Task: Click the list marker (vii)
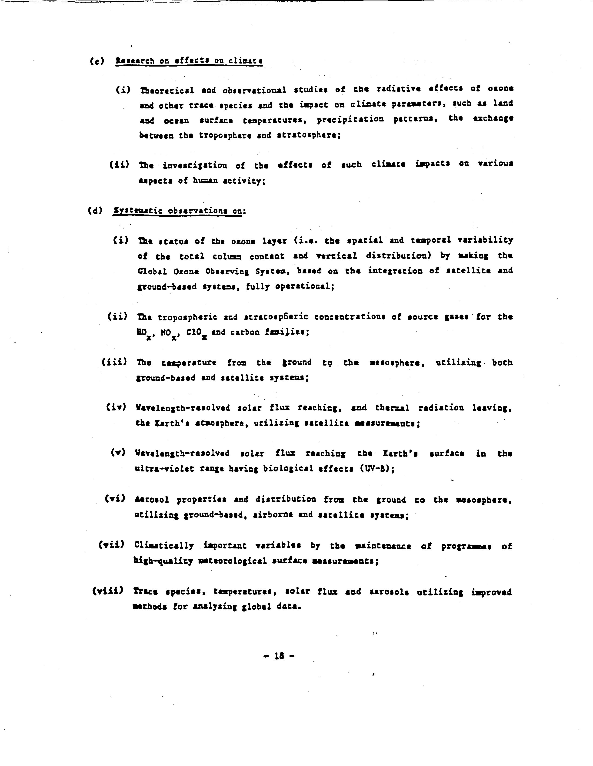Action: pos(111,545)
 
